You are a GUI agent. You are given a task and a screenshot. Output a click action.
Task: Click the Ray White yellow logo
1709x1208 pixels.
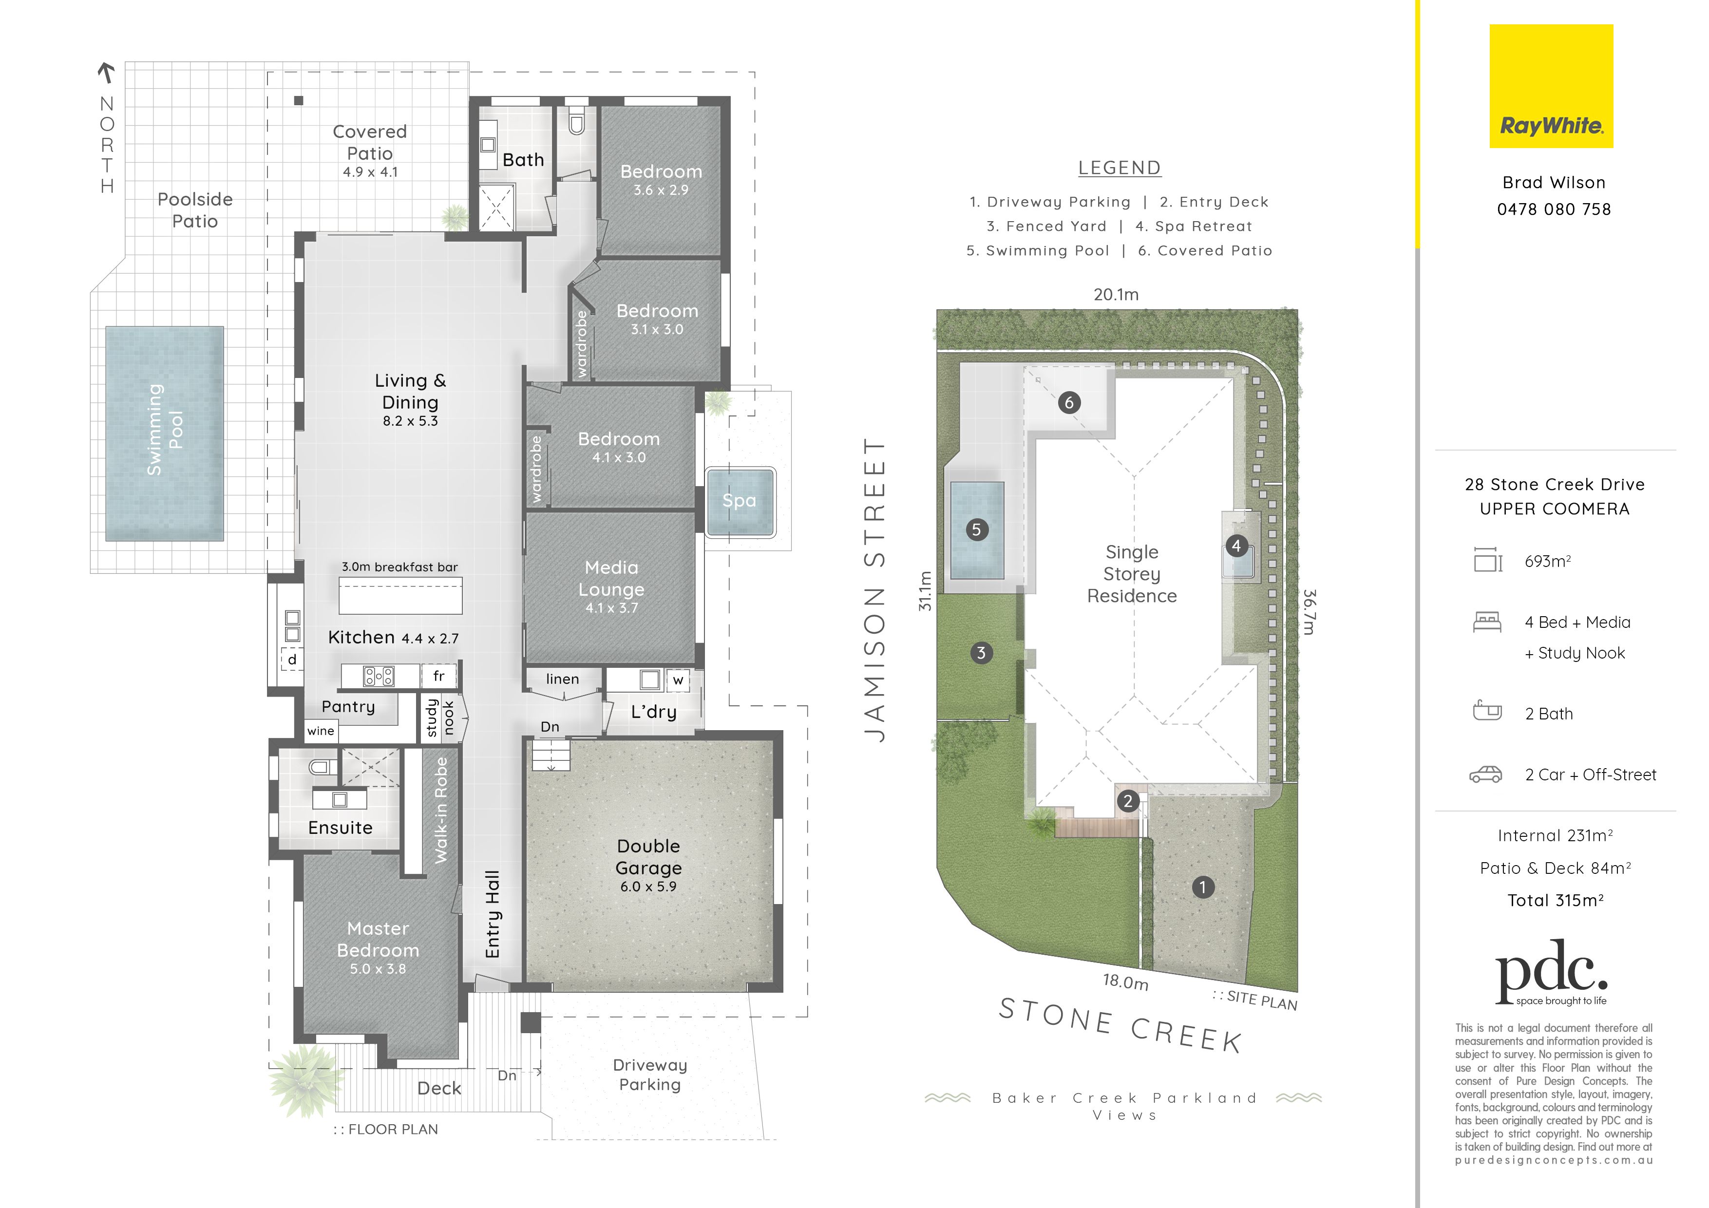point(1551,86)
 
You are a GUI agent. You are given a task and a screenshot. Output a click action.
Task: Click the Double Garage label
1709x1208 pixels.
point(648,857)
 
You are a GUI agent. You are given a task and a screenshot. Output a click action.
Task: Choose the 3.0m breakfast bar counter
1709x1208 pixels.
point(400,595)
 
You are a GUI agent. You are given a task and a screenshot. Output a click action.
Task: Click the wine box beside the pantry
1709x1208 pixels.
point(321,731)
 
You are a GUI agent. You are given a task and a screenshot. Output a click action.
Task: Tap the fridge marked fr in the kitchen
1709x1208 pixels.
point(439,676)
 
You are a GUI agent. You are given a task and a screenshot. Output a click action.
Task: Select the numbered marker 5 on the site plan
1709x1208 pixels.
point(977,530)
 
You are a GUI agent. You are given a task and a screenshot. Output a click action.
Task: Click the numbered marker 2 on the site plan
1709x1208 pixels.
point(1128,801)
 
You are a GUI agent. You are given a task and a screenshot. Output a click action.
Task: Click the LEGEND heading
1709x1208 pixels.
point(1120,168)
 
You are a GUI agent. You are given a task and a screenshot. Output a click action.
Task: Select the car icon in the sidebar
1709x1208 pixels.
point(1486,775)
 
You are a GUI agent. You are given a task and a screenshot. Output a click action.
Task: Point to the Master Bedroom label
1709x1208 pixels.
point(378,939)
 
